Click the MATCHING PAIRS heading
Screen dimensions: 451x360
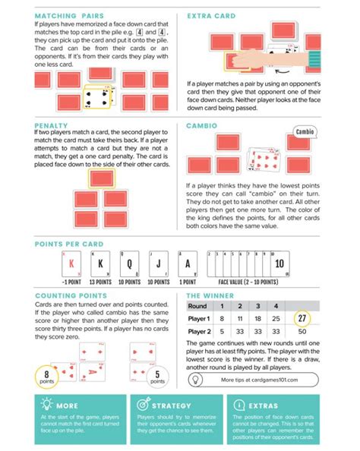pyautogui.click(x=70, y=15)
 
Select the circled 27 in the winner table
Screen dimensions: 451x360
pyautogui.click(x=303, y=319)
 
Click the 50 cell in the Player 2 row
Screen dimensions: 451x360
pyautogui.click(x=303, y=333)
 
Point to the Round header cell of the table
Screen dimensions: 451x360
pyautogui.click(x=198, y=305)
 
